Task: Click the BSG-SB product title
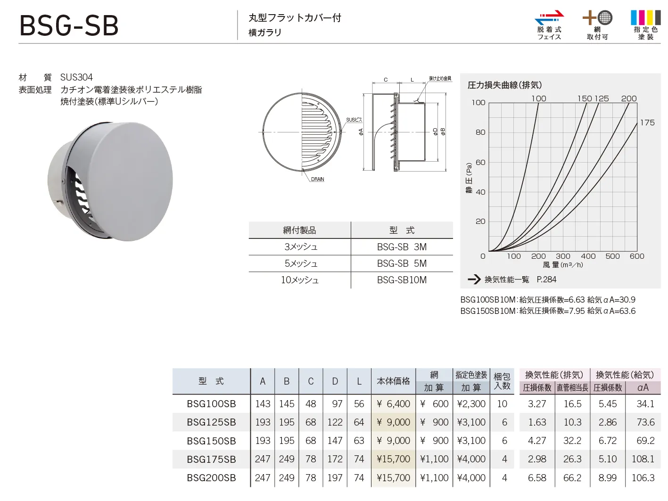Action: click(69, 25)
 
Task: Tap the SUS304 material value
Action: click(76, 77)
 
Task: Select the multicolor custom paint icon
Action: click(645, 17)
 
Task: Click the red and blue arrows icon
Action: click(549, 17)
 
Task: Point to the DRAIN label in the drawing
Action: click(317, 179)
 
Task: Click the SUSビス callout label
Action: click(354, 120)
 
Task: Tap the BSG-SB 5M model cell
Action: click(402, 263)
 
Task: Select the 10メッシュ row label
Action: click(300, 279)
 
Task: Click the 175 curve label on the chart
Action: click(647, 123)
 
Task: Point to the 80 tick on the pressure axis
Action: click(480, 132)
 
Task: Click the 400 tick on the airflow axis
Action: click(588, 256)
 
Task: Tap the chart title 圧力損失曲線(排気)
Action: click(504, 85)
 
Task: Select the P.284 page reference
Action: click(546, 279)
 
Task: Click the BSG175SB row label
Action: click(212, 459)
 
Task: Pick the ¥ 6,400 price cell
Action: click(393, 403)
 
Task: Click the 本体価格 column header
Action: click(393, 381)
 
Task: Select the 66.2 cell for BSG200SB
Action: click(572, 477)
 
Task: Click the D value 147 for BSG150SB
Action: click(335, 441)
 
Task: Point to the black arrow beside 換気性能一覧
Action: click(474, 279)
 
